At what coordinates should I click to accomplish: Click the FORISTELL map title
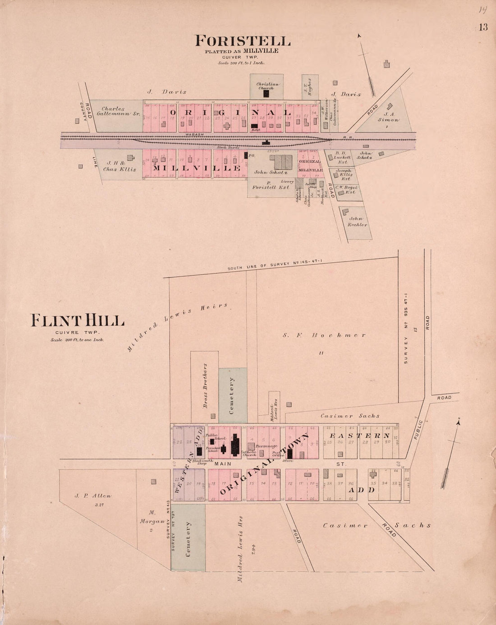pos(243,41)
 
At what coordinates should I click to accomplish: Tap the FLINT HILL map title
pos(77,321)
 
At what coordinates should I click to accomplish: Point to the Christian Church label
pos(268,86)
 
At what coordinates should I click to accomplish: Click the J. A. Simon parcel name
pos(388,117)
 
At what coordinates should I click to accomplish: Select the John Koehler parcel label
pos(358,222)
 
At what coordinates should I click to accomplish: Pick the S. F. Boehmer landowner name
pos(324,335)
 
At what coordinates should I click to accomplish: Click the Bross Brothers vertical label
pos(205,386)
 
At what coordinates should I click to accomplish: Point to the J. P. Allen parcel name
pos(93,495)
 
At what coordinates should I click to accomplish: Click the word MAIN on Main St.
pos(223,464)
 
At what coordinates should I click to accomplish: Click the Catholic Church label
pos(248,454)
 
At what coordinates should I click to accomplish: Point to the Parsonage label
pos(266,446)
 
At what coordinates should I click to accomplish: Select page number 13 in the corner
pos(483,27)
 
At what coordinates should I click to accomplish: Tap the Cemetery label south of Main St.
pos(188,539)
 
